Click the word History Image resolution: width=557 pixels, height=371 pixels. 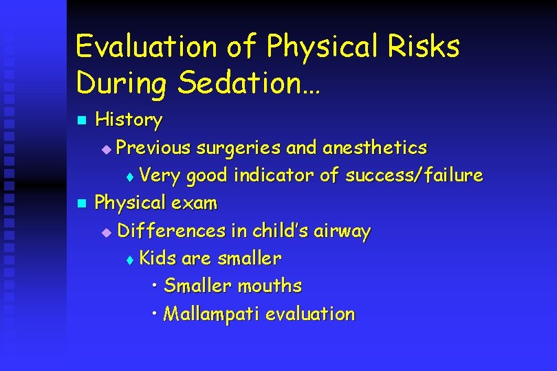point(129,120)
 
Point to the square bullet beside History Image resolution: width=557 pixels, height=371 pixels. point(80,121)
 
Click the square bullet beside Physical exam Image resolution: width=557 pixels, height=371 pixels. point(80,203)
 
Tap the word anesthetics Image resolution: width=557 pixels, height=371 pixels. point(374,148)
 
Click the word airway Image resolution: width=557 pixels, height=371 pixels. point(342,231)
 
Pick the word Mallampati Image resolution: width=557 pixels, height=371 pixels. point(212,314)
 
